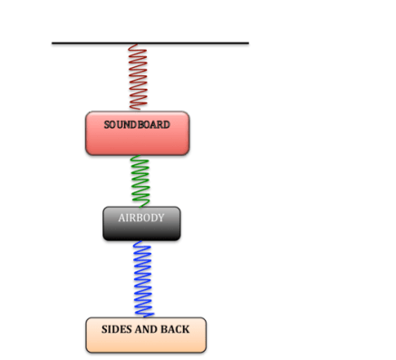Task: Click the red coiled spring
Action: click(x=137, y=77)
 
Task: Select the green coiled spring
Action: click(x=139, y=181)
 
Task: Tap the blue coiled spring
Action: click(x=143, y=278)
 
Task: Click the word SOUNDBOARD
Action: click(x=137, y=124)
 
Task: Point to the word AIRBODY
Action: click(x=140, y=218)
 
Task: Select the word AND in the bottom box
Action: click(x=148, y=329)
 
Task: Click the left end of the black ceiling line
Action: click(x=53, y=43)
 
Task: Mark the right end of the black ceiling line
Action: click(x=248, y=43)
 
